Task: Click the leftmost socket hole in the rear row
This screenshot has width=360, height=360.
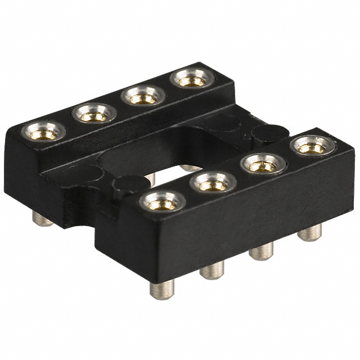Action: pos(43,133)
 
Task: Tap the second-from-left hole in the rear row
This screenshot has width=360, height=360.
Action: pos(94,115)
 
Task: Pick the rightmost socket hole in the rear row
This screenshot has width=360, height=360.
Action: pos(192,80)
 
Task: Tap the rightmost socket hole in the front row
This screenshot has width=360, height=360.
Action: pos(313,147)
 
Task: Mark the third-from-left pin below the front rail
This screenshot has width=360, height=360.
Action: pos(262,251)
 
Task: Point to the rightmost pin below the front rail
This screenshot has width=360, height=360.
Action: pos(309,232)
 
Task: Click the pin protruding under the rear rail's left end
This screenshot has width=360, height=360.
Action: pos(42,219)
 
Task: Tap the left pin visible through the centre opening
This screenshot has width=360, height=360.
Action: pos(150,179)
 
